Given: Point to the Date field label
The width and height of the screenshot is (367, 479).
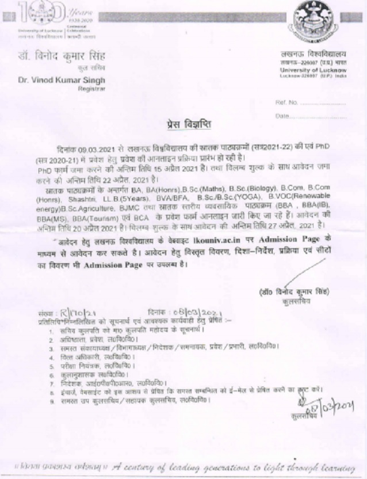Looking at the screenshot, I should pyautogui.click(x=282, y=116).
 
